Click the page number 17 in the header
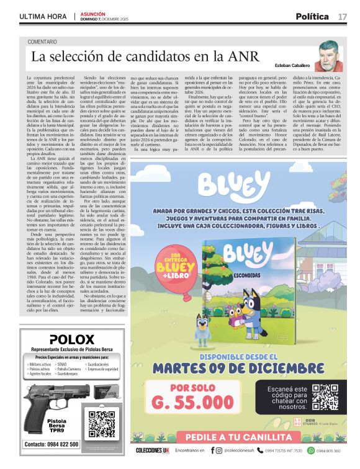point(343,16)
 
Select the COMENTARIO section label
point(47,42)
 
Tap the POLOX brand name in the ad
point(71,340)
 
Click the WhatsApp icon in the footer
point(313,450)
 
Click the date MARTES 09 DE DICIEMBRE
point(240,367)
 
